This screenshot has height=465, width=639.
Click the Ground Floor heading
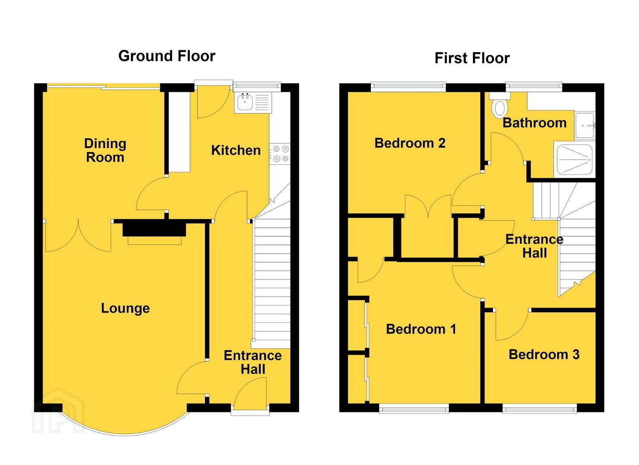(x=167, y=56)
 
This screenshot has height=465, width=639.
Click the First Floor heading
(x=472, y=58)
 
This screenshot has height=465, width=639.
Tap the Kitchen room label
(x=236, y=150)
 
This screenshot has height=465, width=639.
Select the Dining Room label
(x=105, y=150)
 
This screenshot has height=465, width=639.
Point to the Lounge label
(x=126, y=309)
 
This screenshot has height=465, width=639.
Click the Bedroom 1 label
(x=421, y=329)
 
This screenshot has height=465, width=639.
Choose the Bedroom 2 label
(x=410, y=143)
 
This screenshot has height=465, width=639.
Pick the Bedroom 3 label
(x=544, y=354)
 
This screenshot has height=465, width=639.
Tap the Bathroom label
(x=534, y=123)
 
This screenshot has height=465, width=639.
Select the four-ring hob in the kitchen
(x=281, y=154)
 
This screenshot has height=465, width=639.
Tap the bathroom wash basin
(x=584, y=125)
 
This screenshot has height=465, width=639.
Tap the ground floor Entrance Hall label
(x=253, y=362)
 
